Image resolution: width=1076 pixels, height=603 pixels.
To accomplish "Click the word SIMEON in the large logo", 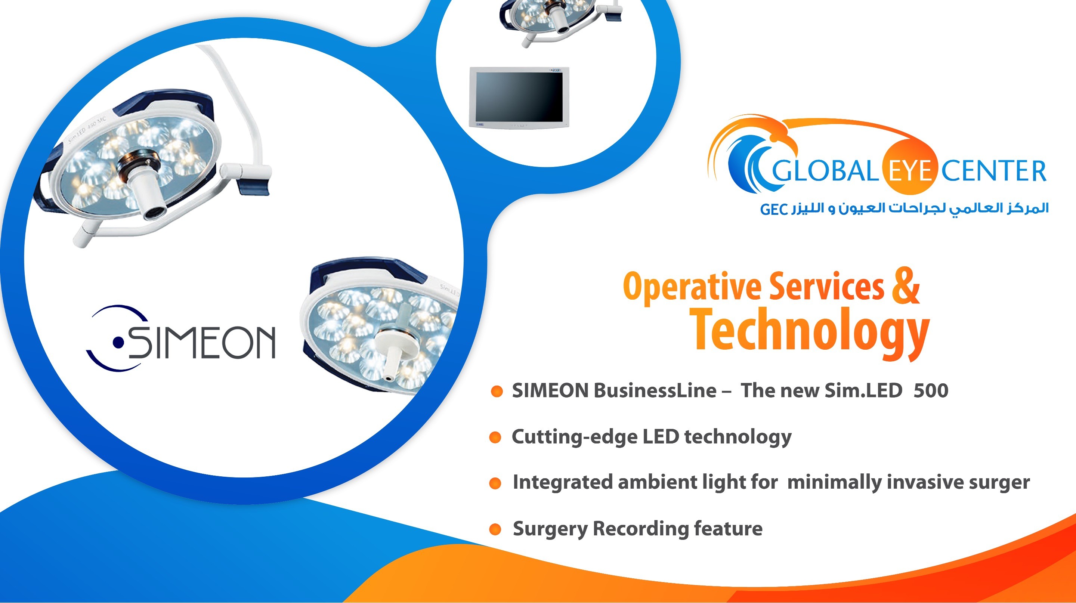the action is pos(202,342).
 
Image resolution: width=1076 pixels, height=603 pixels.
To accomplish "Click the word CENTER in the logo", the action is pos(994,171).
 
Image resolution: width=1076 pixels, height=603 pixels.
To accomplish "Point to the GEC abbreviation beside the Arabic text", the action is pos(774,209).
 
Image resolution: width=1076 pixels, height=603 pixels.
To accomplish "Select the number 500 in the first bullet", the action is pos(931,390).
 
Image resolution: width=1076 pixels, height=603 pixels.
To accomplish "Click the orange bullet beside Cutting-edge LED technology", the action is pos(495,437).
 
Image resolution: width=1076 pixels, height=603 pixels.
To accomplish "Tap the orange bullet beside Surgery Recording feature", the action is pos(495,529).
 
